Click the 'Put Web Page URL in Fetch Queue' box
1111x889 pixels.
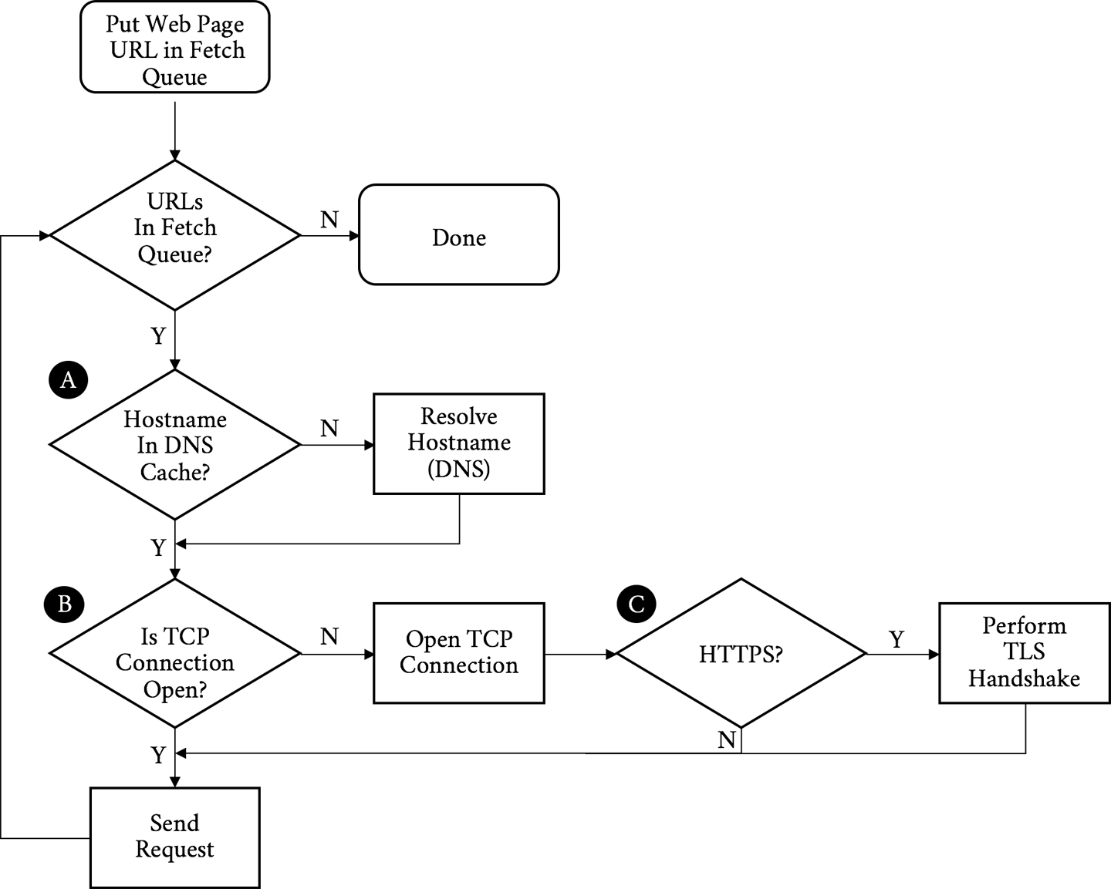coord(175,49)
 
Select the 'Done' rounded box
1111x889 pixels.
coord(458,236)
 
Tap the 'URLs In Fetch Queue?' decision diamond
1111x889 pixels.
coord(175,234)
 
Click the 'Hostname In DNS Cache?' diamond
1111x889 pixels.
coord(175,445)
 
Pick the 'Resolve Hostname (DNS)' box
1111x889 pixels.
coord(458,443)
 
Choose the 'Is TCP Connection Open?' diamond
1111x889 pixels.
coord(175,654)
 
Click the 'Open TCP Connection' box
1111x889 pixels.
coord(458,653)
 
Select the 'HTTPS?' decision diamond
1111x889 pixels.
coord(741,654)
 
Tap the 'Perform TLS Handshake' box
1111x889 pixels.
coord(1024,653)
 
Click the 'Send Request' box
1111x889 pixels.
coord(174,837)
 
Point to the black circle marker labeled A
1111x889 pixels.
coord(68,380)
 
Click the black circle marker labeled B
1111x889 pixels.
coord(65,604)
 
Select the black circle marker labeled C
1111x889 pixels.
coord(636,604)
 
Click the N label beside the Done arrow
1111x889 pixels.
coord(329,220)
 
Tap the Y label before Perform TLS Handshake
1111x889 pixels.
coord(896,639)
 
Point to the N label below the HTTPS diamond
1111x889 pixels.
coord(726,740)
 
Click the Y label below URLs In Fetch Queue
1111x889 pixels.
coord(158,336)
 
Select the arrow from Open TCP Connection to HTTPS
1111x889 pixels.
coord(580,654)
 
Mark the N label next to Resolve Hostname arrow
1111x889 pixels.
coord(329,428)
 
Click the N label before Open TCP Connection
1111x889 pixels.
coord(329,636)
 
